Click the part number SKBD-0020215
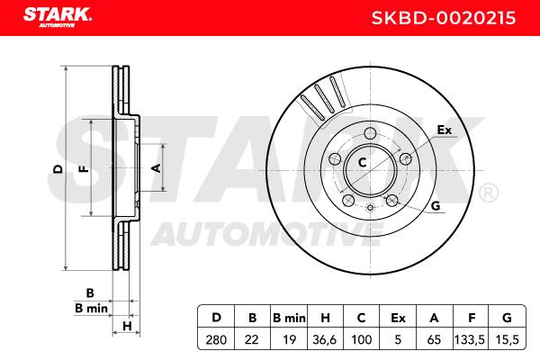pyautogui.click(x=444, y=18)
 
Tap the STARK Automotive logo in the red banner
pyautogui.click(x=58, y=17)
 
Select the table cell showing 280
pyautogui.click(x=216, y=339)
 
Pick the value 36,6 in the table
pyautogui.click(x=324, y=339)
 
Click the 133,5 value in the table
pyautogui.click(x=470, y=339)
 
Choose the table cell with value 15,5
pyautogui.click(x=507, y=339)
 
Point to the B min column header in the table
pyautogui.click(x=289, y=318)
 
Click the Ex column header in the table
pyautogui.click(x=398, y=318)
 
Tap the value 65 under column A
pyautogui.click(x=434, y=339)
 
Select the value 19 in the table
pyautogui.click(x=289, y=339)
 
